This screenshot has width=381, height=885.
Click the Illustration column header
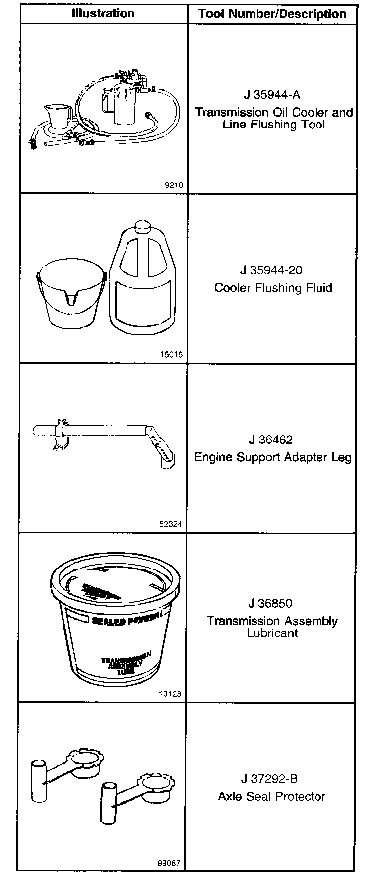[103, 13]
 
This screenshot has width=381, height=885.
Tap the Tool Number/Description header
[272, 14]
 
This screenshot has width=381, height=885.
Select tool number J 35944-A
[272, 94]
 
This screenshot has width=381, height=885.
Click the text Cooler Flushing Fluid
[273, 288]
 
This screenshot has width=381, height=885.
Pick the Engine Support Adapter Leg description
[273, 457]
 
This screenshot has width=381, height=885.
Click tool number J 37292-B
[271, 779]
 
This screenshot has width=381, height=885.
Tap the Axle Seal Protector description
[272, 796]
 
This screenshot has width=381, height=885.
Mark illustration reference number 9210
[174, 186]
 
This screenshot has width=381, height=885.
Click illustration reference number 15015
[171, 355]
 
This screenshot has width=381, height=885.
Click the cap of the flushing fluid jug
[143, 226]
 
